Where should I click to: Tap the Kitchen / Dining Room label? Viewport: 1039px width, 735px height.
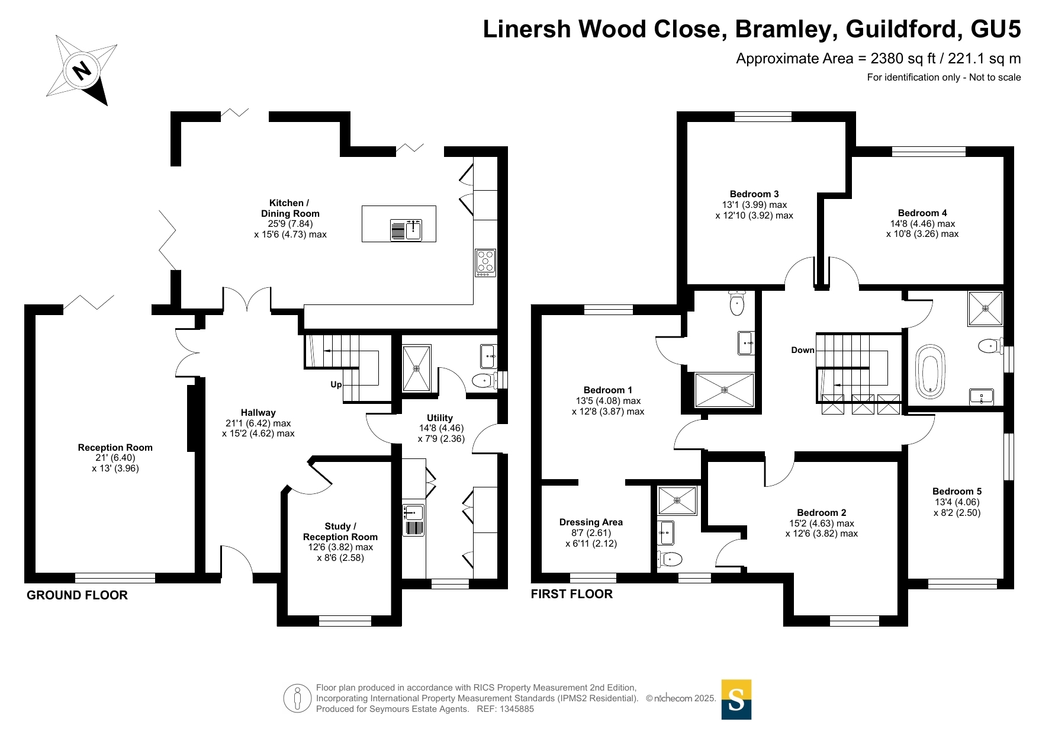pyautogui.click(x=290, y=208)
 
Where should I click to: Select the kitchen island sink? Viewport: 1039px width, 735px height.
pyautogui.click(x=406, y=230)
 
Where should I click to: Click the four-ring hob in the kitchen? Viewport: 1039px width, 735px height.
pyautogui.click(x=485, y=263)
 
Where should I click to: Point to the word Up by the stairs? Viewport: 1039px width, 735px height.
pyautogui.click(x=336, y=384)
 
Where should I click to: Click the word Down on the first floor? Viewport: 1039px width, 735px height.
pyautogui.click(x=803, y=350)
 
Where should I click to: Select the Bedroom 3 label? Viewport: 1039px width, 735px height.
pyautogui.click(x=754, y=194)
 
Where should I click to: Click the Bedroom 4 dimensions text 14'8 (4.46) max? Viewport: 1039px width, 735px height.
pyautogui.click(x=922, y=224)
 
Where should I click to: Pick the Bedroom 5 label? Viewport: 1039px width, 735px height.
pyautogui.click(x=957, y=491)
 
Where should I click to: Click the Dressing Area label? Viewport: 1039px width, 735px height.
pyautogui.click(x=591, y=522)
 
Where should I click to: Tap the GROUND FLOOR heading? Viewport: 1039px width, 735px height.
pyautogui.click(x=77, y=595)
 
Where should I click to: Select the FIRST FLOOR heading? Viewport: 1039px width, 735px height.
pyautogui.click(x=572, y=594)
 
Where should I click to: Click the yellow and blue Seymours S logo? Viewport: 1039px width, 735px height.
pyautogui.click(x=736, y=699)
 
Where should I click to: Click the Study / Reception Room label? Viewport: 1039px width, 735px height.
pyautogui.click(x=340, y=531)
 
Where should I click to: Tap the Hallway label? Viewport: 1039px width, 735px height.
pyautogui.click(x=258, y=413)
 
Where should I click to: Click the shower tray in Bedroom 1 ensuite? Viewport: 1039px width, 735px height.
pyautogui.click(x=725, y=390)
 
